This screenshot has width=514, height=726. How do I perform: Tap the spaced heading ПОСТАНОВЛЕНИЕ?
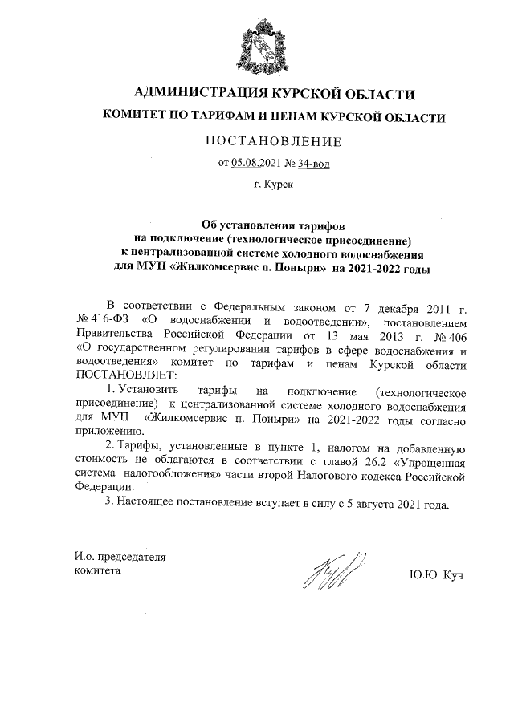[x=273, y=142]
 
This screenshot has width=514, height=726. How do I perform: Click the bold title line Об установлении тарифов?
[x=272, y=227]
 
